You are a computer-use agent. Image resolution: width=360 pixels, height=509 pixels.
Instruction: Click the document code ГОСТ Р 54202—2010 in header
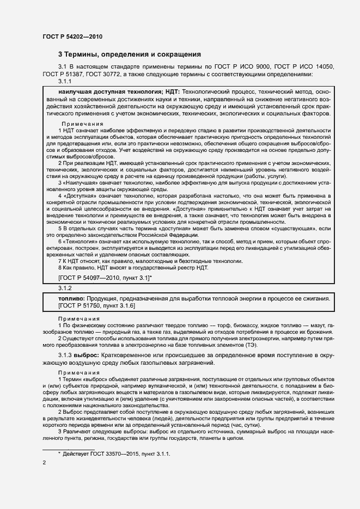tap(72, 36)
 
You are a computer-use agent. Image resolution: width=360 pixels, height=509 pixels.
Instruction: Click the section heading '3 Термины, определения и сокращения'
tap(130, 54)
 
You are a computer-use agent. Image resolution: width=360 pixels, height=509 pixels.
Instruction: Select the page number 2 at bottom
tap(44, 463)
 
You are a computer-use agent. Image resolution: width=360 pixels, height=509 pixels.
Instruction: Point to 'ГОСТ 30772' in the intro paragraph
tap(105, 73)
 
